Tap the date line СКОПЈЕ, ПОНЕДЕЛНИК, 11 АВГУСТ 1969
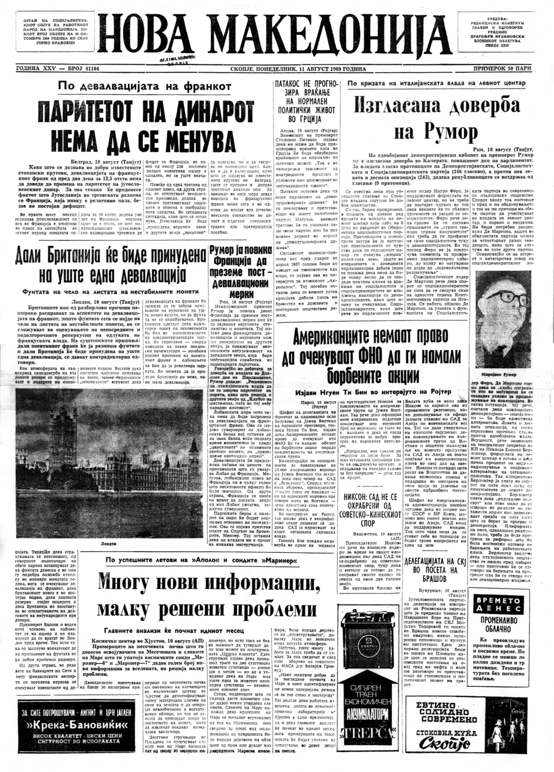pos(299,69)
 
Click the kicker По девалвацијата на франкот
pos(145,86)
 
